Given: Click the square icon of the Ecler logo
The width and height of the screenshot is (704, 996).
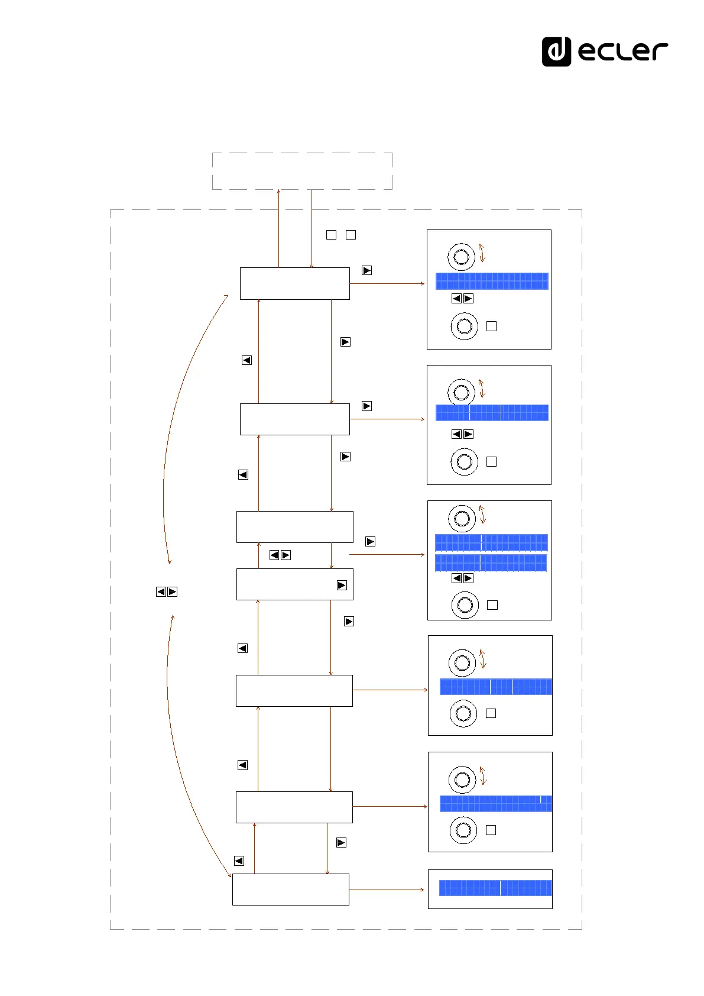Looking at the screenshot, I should (x=556, y=51).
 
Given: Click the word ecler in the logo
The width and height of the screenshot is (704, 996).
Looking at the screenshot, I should (x=622, y=51).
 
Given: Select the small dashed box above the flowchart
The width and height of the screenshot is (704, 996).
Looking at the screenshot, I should (x=302, y=171).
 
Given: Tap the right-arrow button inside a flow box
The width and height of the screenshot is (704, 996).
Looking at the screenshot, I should (x=342, y=586).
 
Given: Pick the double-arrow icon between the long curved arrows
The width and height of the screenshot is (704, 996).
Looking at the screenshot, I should (x=167, y=591).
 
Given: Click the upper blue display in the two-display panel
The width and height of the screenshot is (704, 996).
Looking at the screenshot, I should (x=491, y=542).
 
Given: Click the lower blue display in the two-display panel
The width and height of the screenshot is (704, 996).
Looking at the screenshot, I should (x=491, y=562).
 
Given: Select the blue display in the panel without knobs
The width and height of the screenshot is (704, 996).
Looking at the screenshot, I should (x=495, y=888).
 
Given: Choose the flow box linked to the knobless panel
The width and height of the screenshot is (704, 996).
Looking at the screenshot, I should (x=290, y=889).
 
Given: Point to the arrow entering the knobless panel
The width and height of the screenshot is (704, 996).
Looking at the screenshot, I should (x=387, y=889).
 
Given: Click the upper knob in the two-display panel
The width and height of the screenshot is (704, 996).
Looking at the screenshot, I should (x=462, y=519).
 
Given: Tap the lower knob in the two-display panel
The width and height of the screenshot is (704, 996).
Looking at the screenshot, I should (x=465, y=605).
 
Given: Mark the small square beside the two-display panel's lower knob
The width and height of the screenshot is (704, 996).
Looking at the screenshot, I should (x=492, y=605).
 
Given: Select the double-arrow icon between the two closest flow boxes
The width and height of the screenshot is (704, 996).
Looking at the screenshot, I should (x=280, y=555).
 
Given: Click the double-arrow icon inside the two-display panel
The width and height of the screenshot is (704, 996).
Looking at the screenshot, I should (x=462, y=578).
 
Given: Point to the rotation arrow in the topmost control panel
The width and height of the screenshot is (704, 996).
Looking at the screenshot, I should (x=482, y=253).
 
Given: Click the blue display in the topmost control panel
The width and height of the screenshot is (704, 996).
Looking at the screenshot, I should (x=492, y=281).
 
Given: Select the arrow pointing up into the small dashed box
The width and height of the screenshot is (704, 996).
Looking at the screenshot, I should (x=278, y=228).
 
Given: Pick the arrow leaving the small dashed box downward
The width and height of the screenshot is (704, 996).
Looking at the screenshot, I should (x=312, y=228).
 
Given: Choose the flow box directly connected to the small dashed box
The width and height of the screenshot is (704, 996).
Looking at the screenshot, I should (x=294, y=283).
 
